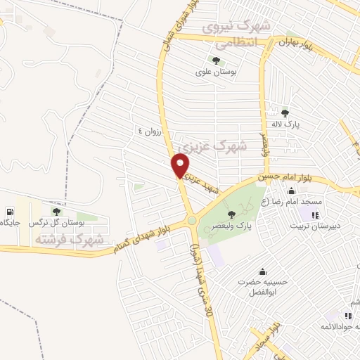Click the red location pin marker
[181, 166]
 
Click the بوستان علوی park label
[214, 72]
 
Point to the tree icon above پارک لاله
[285, 112]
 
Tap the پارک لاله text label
[286, 124]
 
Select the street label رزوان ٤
[150, 131]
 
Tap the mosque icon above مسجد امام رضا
[291, 191]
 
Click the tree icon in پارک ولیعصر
[232, 214]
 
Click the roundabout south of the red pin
[192, 221]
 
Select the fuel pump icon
[8, 211]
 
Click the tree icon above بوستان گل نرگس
[57, 211]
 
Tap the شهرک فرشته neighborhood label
[68, 239]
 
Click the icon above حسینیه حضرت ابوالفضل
[263, 272]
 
